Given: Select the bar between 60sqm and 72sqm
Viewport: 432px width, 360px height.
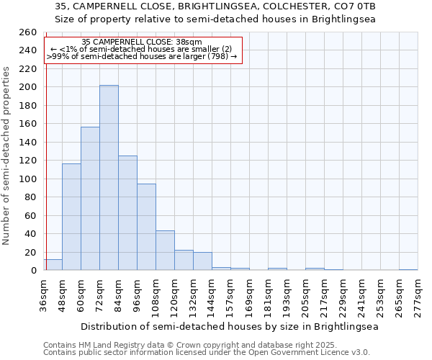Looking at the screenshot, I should coord(90,199).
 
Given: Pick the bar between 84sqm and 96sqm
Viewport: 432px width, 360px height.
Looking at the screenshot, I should coord(127,213).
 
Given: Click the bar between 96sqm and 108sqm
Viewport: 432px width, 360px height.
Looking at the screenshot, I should coord(146,227).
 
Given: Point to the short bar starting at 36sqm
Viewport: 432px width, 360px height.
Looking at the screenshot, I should coord(53,265).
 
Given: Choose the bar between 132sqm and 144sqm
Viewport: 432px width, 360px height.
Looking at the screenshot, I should coord(202,261).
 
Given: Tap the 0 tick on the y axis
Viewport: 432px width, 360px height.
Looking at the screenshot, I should coord(33,271).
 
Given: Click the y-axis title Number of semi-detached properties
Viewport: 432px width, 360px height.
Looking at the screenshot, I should coord(6,155).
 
